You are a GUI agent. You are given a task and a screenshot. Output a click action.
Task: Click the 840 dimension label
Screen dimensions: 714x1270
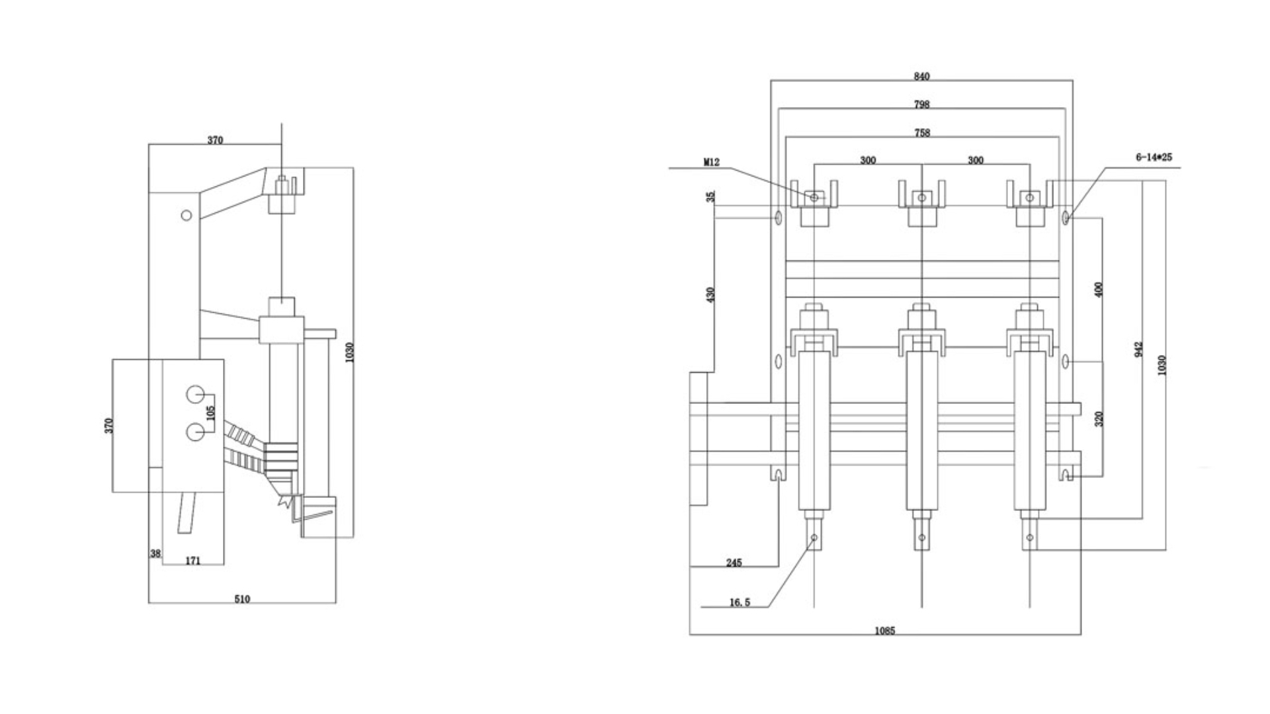(x=921, y=77)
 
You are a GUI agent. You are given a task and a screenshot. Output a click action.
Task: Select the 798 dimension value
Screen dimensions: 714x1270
(x=921, y=104)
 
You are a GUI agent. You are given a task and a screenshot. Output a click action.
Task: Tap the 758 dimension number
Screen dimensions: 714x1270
(x=921, y=133)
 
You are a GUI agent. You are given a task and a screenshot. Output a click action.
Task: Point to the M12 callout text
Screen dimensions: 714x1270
(x=711, y=162)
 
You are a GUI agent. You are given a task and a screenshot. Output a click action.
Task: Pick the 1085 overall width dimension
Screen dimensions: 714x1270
(x=884, y=631)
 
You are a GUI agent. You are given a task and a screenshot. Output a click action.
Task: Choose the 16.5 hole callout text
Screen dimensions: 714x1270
(x=740, y=602)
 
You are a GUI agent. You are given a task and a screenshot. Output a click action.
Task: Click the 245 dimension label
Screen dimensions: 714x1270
(x=734, y=563)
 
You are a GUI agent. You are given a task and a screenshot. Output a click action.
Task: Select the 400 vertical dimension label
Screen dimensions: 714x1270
(x=1099, y=290)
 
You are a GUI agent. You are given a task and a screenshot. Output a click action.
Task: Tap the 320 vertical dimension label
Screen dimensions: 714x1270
(x=1099, y=418)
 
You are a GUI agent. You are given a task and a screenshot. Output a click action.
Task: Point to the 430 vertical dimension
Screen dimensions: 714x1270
(x=711, y=294)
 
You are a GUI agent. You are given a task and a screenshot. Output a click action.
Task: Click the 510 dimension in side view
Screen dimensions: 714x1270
(x=242, y=599)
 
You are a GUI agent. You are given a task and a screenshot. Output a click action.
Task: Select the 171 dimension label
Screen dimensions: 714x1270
(x=192, y=561)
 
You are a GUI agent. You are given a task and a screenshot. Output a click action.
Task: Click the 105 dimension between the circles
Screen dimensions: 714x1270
(x=211, y=413)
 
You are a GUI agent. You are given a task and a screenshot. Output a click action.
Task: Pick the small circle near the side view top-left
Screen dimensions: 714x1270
(x=187, y=216)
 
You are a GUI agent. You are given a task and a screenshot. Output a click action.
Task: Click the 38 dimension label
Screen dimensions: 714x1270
(x=155, y=554)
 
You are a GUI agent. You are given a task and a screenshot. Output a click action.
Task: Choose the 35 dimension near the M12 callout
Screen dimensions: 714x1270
(x=711, y=197)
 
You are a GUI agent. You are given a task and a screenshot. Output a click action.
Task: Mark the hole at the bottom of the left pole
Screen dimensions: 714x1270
(x=814, y=537)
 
